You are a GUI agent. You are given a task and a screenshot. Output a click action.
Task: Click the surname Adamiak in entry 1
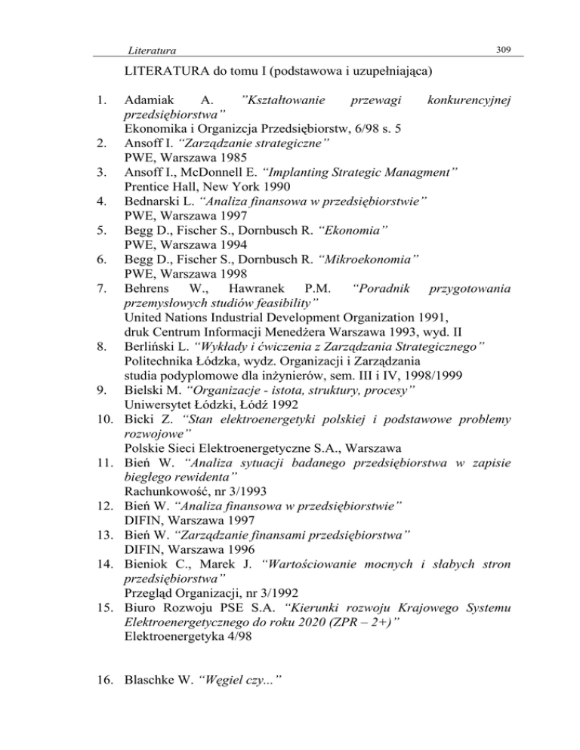pyautogui.click(x=149, y=100)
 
